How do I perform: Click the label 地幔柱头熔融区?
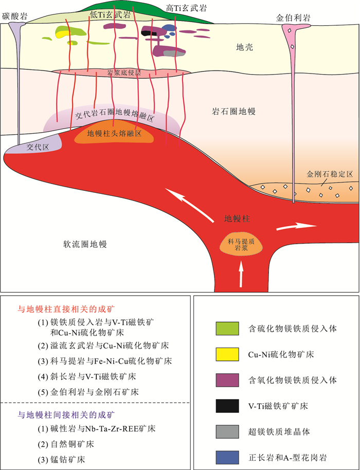click(114, 133)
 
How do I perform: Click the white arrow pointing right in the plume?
click(296, 226)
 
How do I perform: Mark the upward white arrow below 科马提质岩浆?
click(241, 273)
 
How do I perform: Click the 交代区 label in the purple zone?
click(38, 147)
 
